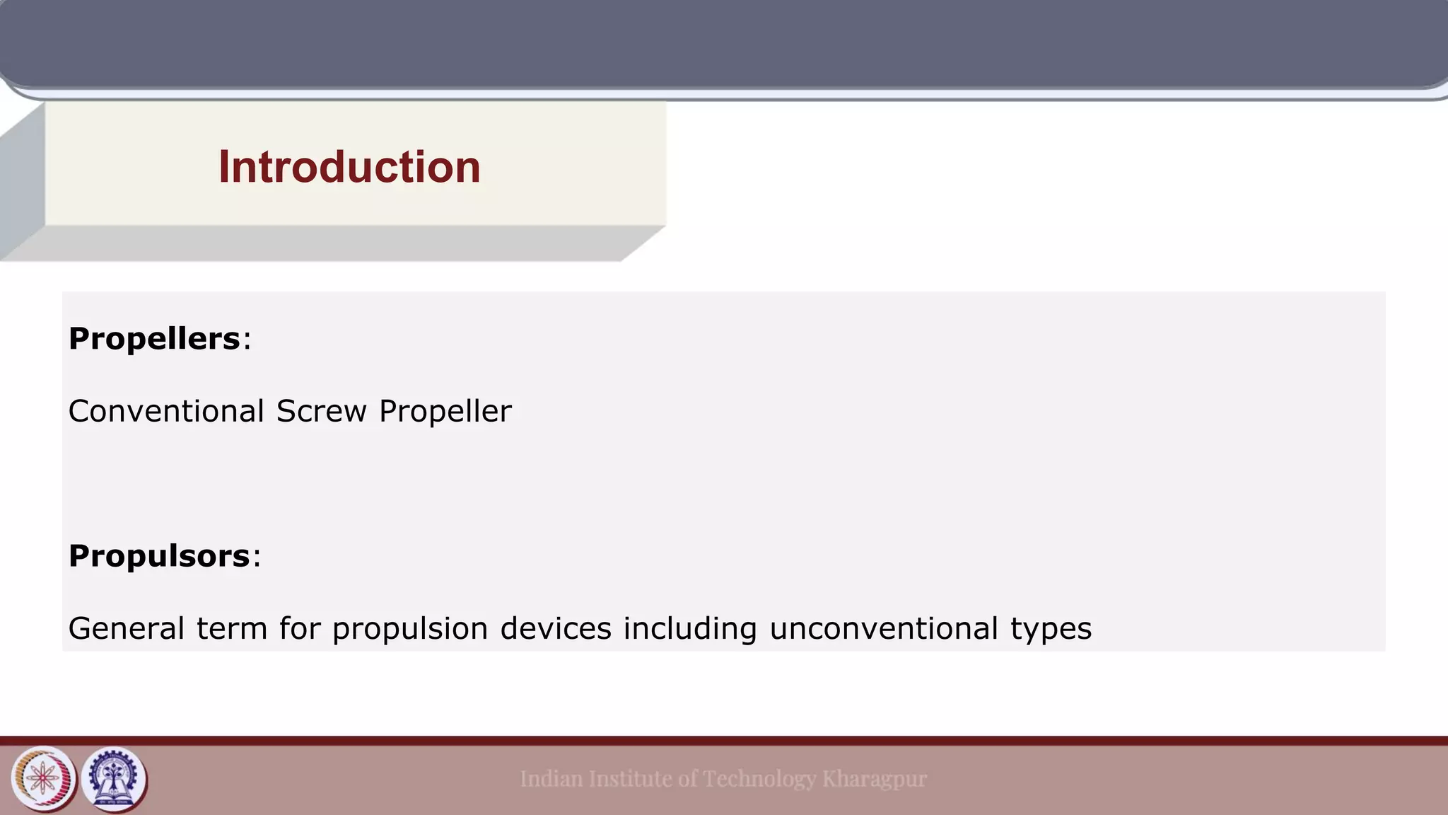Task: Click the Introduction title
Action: coord(349,168)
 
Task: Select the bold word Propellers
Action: coord(154,339)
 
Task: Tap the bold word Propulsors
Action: coord(159,556)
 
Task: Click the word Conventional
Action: coord(166,411)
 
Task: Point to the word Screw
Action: coord(321,411)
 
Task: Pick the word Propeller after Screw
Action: coord(445,412)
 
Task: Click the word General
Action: coord(126,628)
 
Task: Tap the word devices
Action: coord(556,628)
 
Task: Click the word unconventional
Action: coord(883,628)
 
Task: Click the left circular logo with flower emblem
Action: coord(44,779)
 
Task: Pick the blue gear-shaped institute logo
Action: coord(114,779)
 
